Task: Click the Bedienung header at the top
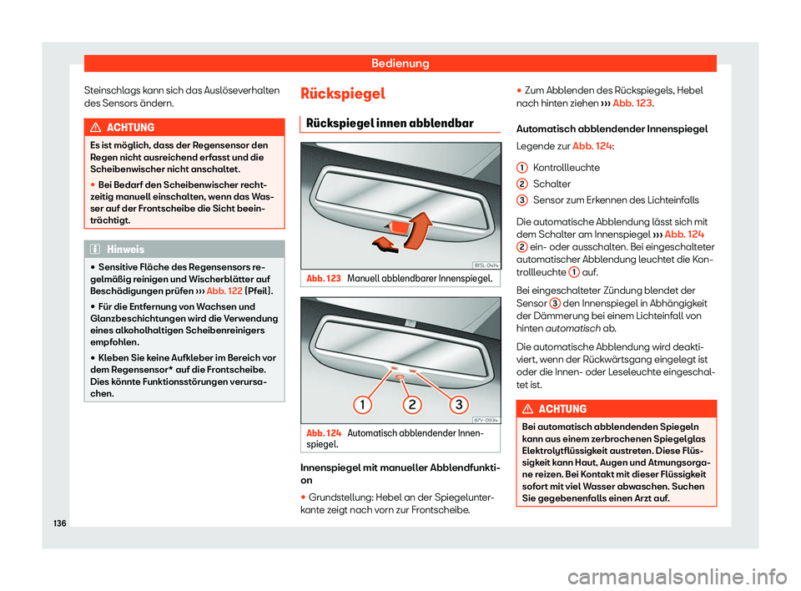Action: [400, 63]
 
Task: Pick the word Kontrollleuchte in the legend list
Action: [566, 167]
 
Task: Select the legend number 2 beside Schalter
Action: [520, 183]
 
